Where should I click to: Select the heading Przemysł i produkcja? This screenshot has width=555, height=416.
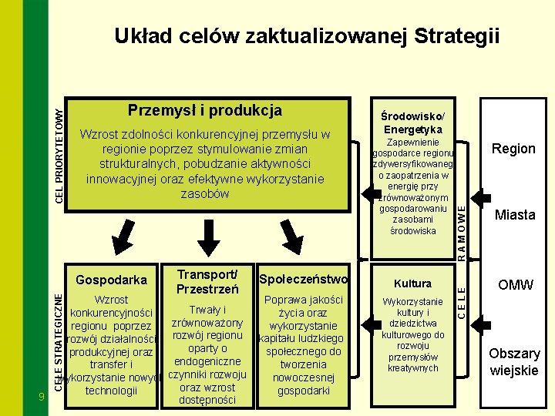click(x=205, y=110)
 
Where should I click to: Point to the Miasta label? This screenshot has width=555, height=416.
click(x=515, y=215)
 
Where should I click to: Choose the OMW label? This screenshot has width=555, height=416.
click(x=515, y=284)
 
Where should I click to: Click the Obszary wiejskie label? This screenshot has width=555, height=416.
click(x=515, y=361)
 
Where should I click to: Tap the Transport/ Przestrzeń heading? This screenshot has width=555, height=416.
click(x=206, y=281)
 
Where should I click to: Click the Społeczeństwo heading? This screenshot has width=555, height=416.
click(x=304, y=279)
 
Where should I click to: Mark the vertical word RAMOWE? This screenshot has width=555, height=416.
click(x=461, y=227)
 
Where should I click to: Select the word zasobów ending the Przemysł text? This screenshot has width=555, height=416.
click(x=205, y=193)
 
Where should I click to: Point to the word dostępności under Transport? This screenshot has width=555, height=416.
click(x=207, y=400)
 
